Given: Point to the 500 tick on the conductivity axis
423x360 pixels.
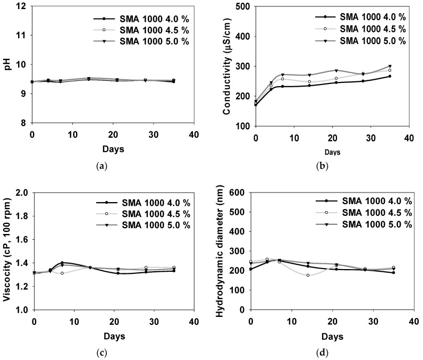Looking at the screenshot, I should (x=240, y=6).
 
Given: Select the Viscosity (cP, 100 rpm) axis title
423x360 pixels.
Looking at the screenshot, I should (x=7, y=251).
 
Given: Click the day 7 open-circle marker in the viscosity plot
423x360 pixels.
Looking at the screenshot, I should (x=62, y=273).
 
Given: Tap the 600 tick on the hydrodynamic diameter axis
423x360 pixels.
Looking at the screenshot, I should (x=240, y=193).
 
